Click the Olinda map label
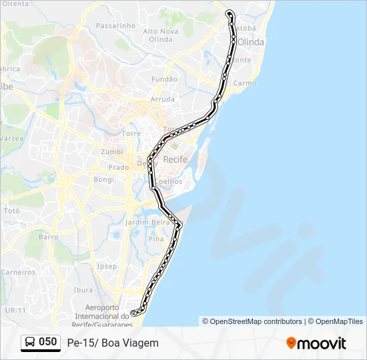tap(251, 42)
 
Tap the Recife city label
tap(175, 159)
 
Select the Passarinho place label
tap(115, 26)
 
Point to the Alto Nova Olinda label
tap(161, 35)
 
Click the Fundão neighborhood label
tap(165, 79)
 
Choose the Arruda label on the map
tap(162, 99)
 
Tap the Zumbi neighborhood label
tap(112, 152)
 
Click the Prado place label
tap(119, 167)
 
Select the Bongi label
tap(104, 179)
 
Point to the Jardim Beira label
tap(149, 221)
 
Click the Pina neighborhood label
tap(156, 238)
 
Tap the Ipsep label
tap(107, 266)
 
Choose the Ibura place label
tap(83, 290)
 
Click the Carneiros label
tap(18, 272)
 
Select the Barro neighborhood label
tap(49, 237)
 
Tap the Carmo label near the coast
tap(246, 83)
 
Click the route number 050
tap(48, 342)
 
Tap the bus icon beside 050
tap(31, 342)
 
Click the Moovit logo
tap(316, 343)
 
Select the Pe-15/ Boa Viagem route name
tap(113, 343)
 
